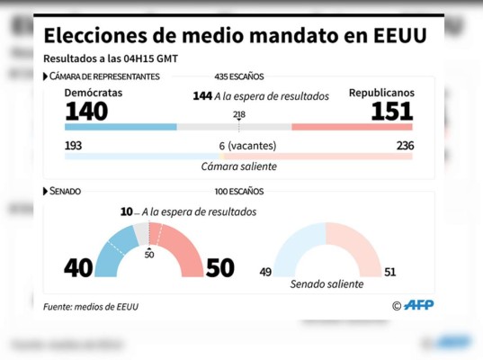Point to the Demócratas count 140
click(x=86, y=111)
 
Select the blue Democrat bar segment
click(x=121, y=127)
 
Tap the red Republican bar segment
click(x=352, y=127)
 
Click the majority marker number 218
click(x=238, y=114)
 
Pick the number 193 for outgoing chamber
click(x=75, y=146)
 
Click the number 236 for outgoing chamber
click(x=404, y=146)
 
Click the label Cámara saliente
click(x=238, y=166)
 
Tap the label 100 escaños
click(x=238, y=192)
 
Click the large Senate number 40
click(x=78, y=268)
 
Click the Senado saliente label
click(x=326, y=284)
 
